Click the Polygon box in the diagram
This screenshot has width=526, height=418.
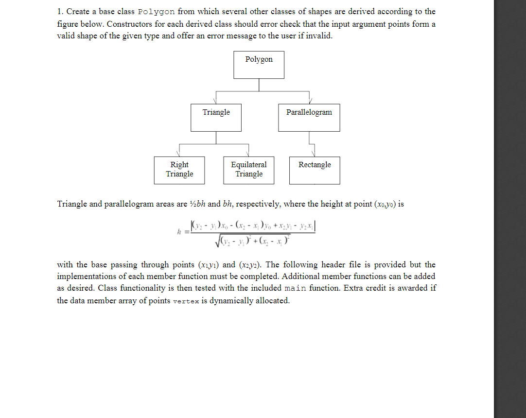click(259, 65)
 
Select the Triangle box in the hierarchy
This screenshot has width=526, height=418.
click(216, 117)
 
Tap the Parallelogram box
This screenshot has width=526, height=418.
click(309, 117)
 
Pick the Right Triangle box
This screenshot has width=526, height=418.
click(179, 170)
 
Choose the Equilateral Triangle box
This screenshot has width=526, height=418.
click(248, 170)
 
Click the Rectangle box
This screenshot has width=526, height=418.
click(315, 170)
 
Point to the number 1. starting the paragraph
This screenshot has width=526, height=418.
click(60, 12)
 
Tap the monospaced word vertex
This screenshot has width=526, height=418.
click(186, 301)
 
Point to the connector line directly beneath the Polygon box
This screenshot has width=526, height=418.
click(259, 85)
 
